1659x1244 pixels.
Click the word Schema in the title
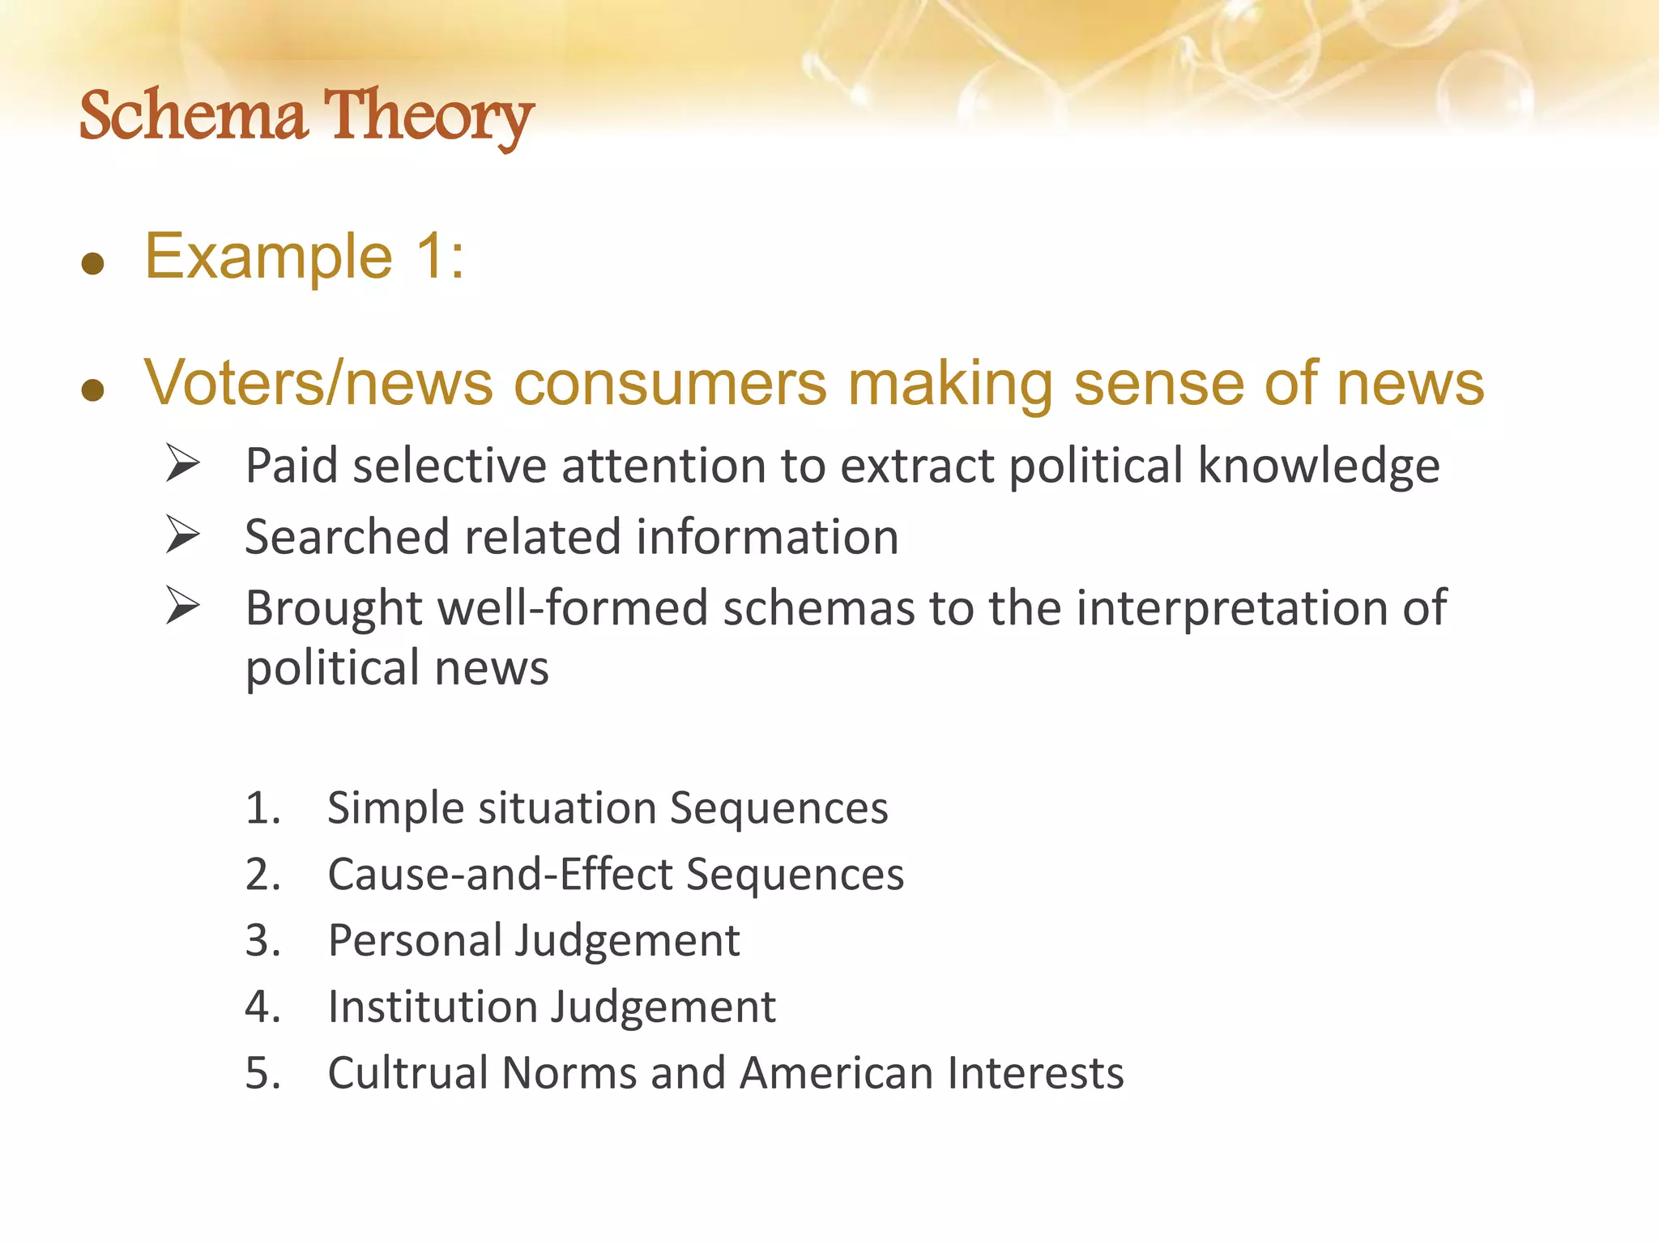point(193,115)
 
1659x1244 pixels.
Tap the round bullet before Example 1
point(93,263)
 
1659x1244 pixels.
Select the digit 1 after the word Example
point(429,256)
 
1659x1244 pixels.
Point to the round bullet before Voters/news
point(93,390)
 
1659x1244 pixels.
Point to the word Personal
point(414,941)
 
